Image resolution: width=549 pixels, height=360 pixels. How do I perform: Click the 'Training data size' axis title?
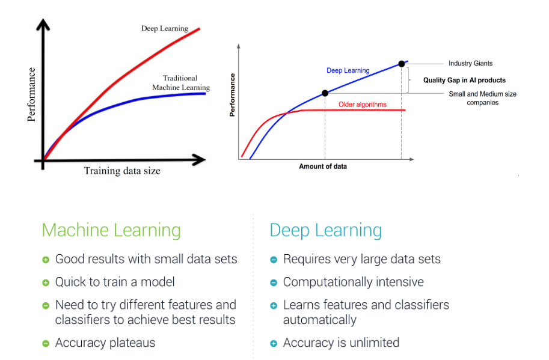(122, 171)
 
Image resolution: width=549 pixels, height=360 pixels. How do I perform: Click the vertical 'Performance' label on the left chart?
(32, 94)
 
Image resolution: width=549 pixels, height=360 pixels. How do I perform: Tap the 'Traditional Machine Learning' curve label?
(180, 83)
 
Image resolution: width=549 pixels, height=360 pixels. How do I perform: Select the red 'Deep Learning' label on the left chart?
(165, 28)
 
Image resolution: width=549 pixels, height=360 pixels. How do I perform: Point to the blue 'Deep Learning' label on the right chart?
(348, 70)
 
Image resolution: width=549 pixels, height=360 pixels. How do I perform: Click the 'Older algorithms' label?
(363, 105)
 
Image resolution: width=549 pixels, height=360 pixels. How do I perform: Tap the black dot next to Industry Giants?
(401, 63)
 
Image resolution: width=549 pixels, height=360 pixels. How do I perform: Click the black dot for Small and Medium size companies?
(325, 93)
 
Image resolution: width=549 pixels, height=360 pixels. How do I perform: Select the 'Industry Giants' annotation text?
(470, 63)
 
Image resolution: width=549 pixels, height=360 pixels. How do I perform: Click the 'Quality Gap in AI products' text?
(464, 81)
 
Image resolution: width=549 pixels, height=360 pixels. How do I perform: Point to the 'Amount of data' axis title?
(323, 166)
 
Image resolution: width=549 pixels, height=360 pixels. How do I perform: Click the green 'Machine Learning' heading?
(111, 230)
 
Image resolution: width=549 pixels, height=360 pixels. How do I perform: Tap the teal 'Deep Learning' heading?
(325, 230)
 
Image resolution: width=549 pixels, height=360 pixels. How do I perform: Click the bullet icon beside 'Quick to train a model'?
(46, 282)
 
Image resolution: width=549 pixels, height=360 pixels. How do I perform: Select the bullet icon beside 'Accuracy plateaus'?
(46, 343)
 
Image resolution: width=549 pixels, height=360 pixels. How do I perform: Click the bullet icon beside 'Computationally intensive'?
(274, 282)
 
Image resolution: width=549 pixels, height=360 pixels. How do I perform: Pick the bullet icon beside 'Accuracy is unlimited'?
(274, 343)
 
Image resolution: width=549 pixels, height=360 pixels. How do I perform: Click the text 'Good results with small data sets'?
(146, 259)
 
